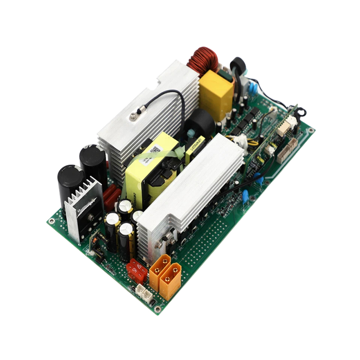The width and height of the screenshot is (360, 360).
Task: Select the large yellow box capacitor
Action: [216, 94]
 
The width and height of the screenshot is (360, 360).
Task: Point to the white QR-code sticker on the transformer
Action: [156, 149]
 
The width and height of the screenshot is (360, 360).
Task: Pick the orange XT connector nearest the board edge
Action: [170, 282]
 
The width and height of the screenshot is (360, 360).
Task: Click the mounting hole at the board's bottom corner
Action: [157, 309]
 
